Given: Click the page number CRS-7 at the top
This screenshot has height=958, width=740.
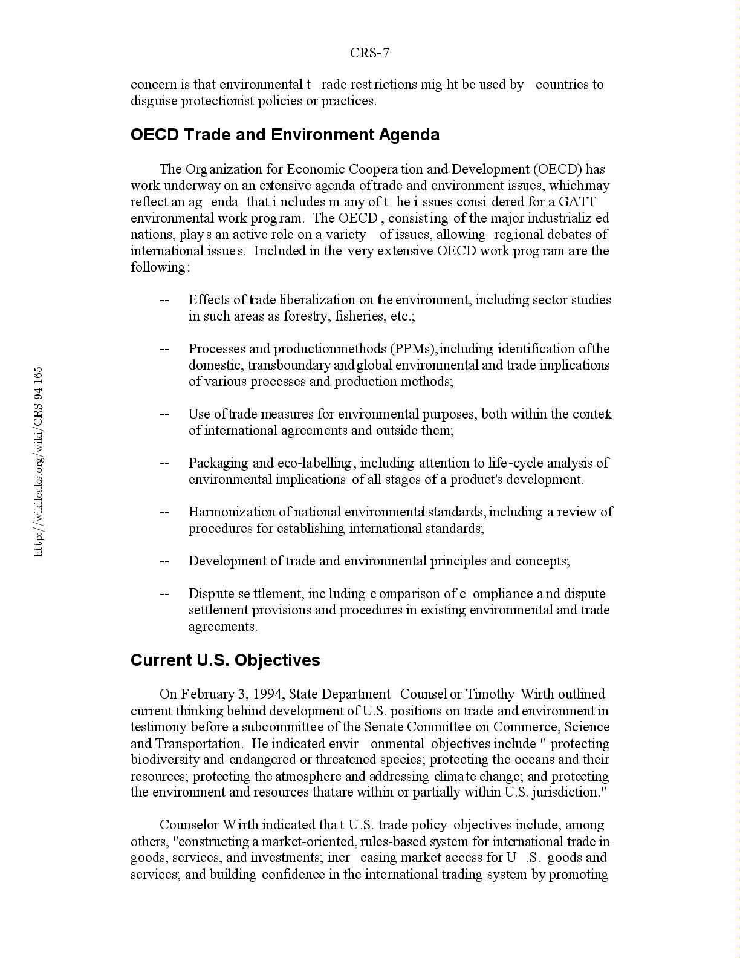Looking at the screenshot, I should point(369,53).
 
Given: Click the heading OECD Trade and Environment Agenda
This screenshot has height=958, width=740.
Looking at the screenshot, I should point(285,134).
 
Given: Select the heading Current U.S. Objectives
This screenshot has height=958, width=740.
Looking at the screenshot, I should point(225,660).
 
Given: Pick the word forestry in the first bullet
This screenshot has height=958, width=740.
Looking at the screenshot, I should point(307,316).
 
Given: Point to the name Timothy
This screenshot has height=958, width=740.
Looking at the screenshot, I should point(490,694).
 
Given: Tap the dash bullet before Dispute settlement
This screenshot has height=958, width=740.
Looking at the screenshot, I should point(164,594).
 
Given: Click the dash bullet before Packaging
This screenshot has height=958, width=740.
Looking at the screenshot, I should point(164,463).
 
